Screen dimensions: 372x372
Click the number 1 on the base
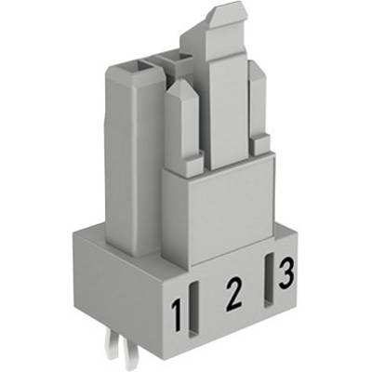pyautogui.click(x=178, y=313)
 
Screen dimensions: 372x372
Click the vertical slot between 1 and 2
pyautogui.click(x=194, y=309)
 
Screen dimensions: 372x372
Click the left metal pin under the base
pyautogui.click(x=113, y=346)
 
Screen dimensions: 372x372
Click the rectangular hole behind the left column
pyautogui.click(x=174, y=58)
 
